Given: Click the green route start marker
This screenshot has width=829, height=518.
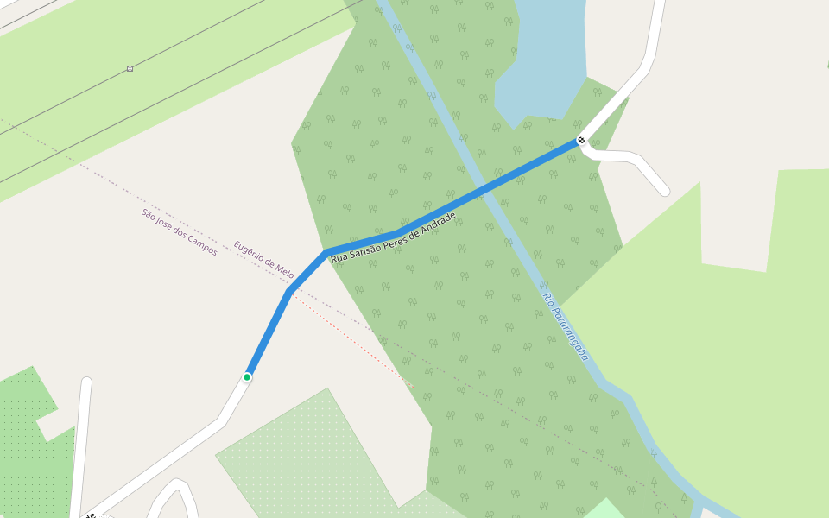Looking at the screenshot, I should [x=247, y=377].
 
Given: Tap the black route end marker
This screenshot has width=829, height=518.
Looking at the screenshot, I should [x=581, y=140].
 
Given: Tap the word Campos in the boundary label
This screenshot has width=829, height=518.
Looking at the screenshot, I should [x=203, y=246].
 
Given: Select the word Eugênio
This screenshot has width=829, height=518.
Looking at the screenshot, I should [x=250, y=252].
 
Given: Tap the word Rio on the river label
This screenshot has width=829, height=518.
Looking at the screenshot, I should [x=547, y=299].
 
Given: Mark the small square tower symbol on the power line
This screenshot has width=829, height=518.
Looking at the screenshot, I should [x=130, y=68].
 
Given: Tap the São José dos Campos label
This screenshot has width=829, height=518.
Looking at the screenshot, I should [x=180, y=231].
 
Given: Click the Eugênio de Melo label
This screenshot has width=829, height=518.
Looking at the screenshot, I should [x=263, y=260].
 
